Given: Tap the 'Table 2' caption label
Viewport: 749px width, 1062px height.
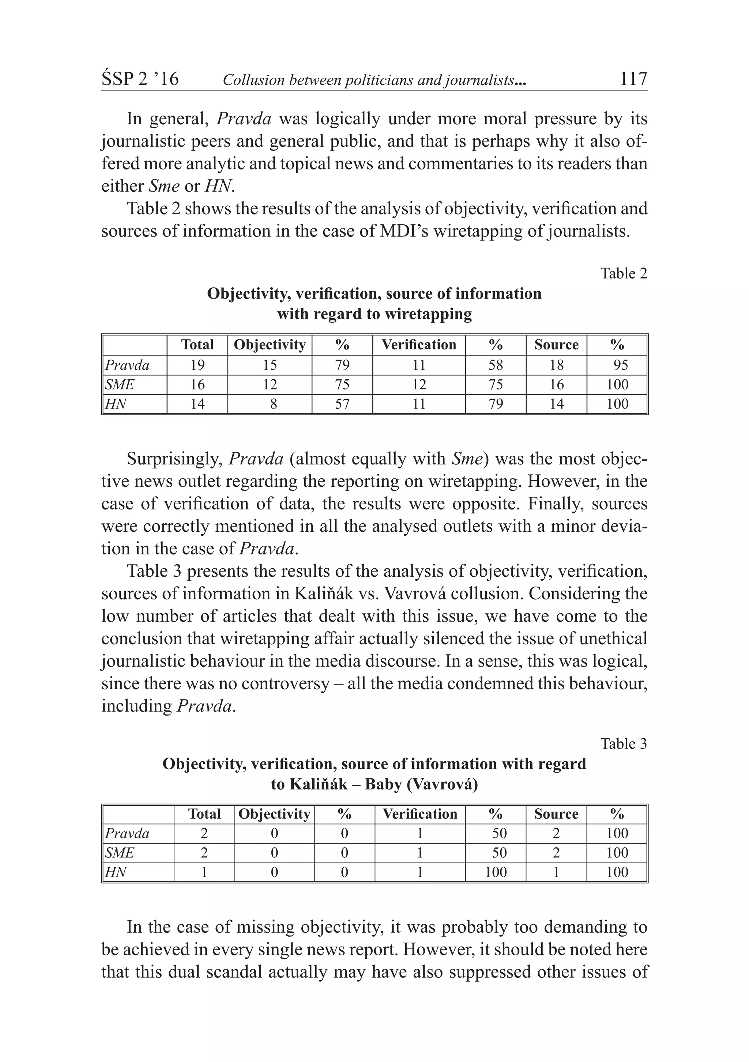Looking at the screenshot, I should (624, 273).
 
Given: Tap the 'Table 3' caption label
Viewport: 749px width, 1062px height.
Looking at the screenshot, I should (624, 743).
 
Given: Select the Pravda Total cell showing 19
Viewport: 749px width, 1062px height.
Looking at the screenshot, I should (197, 365).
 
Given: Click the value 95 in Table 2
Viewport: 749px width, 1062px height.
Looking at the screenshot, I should (620, 365).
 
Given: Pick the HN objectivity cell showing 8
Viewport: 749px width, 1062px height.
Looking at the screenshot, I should (274, 404).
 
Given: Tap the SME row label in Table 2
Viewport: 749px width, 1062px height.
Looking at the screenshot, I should (120, 385).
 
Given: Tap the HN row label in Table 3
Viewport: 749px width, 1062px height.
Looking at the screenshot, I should (115, 872).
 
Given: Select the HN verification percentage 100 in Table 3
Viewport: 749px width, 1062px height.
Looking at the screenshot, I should (496, 872).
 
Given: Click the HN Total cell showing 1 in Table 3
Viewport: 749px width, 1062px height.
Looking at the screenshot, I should (204, 872).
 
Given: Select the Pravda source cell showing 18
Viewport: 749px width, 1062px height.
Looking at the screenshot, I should (556, 365).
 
